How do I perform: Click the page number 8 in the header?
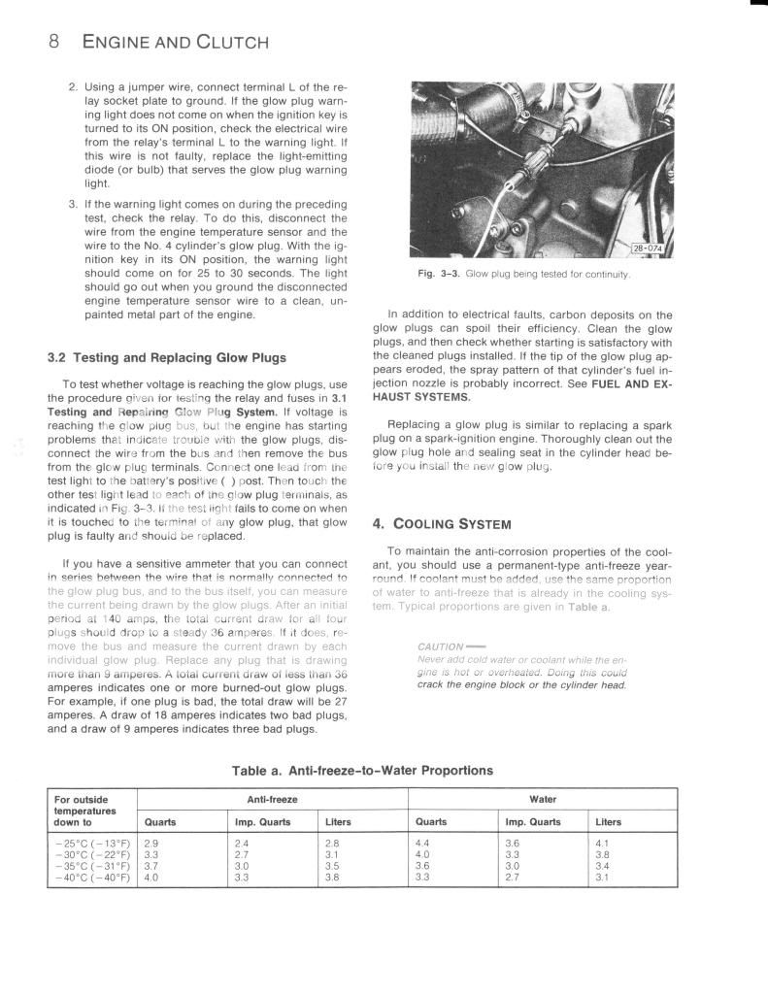pyautogui.click(x=54, y=41)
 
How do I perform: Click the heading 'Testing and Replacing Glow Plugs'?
pyautogui.click(x=167, y=357)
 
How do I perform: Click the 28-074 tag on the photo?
pyautogui.click(x=647, y=248)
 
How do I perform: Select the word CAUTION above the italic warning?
pyautogui.click(x=436, y=646)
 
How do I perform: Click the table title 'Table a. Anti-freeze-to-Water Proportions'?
pyautogui.click(x=362, y=771)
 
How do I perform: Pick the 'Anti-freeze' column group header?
pyautogui.click(x=272, y=799)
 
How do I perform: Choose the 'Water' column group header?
pyautogui.click(x=542, y=799)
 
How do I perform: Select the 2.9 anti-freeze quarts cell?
pyautogui.click(x=151, y=842)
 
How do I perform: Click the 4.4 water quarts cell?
pyautogui.click(x=423, y=842)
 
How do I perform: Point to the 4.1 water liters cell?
pyautogui.click(x=602, y=842)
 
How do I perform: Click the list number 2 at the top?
pyautogui.click(x=73, y=86)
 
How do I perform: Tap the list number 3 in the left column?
pyautogui.click(x=73, y=204)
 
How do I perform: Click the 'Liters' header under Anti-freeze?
pyautogui.click(x=339, y=821)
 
